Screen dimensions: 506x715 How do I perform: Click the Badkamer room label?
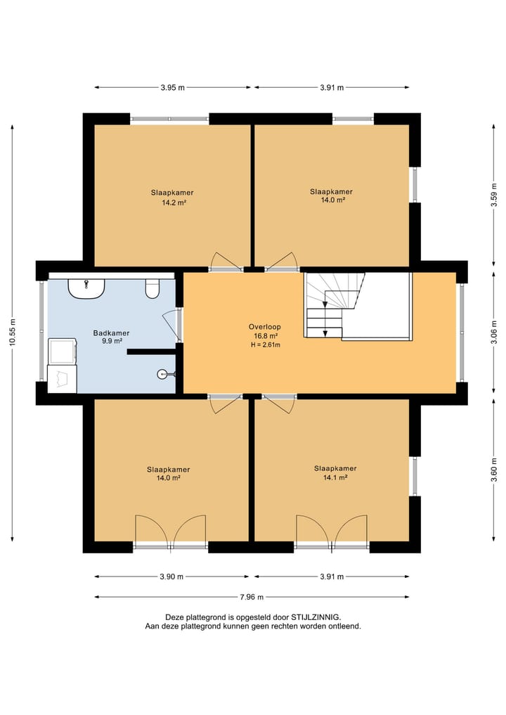pyautogui.click(x=111, y=333)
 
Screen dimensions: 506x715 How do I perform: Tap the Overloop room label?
pyautogui.click(x=264, y=326)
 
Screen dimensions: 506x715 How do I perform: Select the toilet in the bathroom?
pyautogui.click(x=153, y=289)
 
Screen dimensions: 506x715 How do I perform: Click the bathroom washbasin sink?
pyautogui.click(x=86, y=289)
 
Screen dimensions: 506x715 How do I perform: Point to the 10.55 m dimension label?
pyautogui.click(x=13, y=333)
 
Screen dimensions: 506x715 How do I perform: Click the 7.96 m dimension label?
pyautogui.click(x=252, y=597)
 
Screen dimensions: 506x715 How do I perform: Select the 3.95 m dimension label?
pyautogui.click(x=172, y=88)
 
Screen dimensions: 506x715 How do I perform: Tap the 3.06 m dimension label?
pyautogui.click(x=494, y=333)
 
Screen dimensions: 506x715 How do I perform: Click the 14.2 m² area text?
pyautogui.click(x=174, y=202)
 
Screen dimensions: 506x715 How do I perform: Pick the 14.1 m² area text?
pyautogui.click(x=335, y=477)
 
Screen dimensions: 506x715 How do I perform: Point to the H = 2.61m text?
pyautogui.click(x=266, y=344)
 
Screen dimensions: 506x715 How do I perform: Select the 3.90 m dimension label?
pyautogui.click(x=171, y=576)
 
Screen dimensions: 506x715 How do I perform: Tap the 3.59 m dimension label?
pyautogui.click(x=494, y=195)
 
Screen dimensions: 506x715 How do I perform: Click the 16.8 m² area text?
pyautogui.click(x=266, y=336)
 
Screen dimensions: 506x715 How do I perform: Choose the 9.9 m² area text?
pyautogui.click(x=112, y=341)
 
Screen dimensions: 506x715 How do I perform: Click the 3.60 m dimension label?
pyautogui.click(x=494, y=470)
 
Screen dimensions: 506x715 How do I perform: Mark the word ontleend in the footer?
pyautogui.click(x=346, y=626)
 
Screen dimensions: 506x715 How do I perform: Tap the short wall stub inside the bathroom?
pyautogui.click(x=152, y=352)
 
